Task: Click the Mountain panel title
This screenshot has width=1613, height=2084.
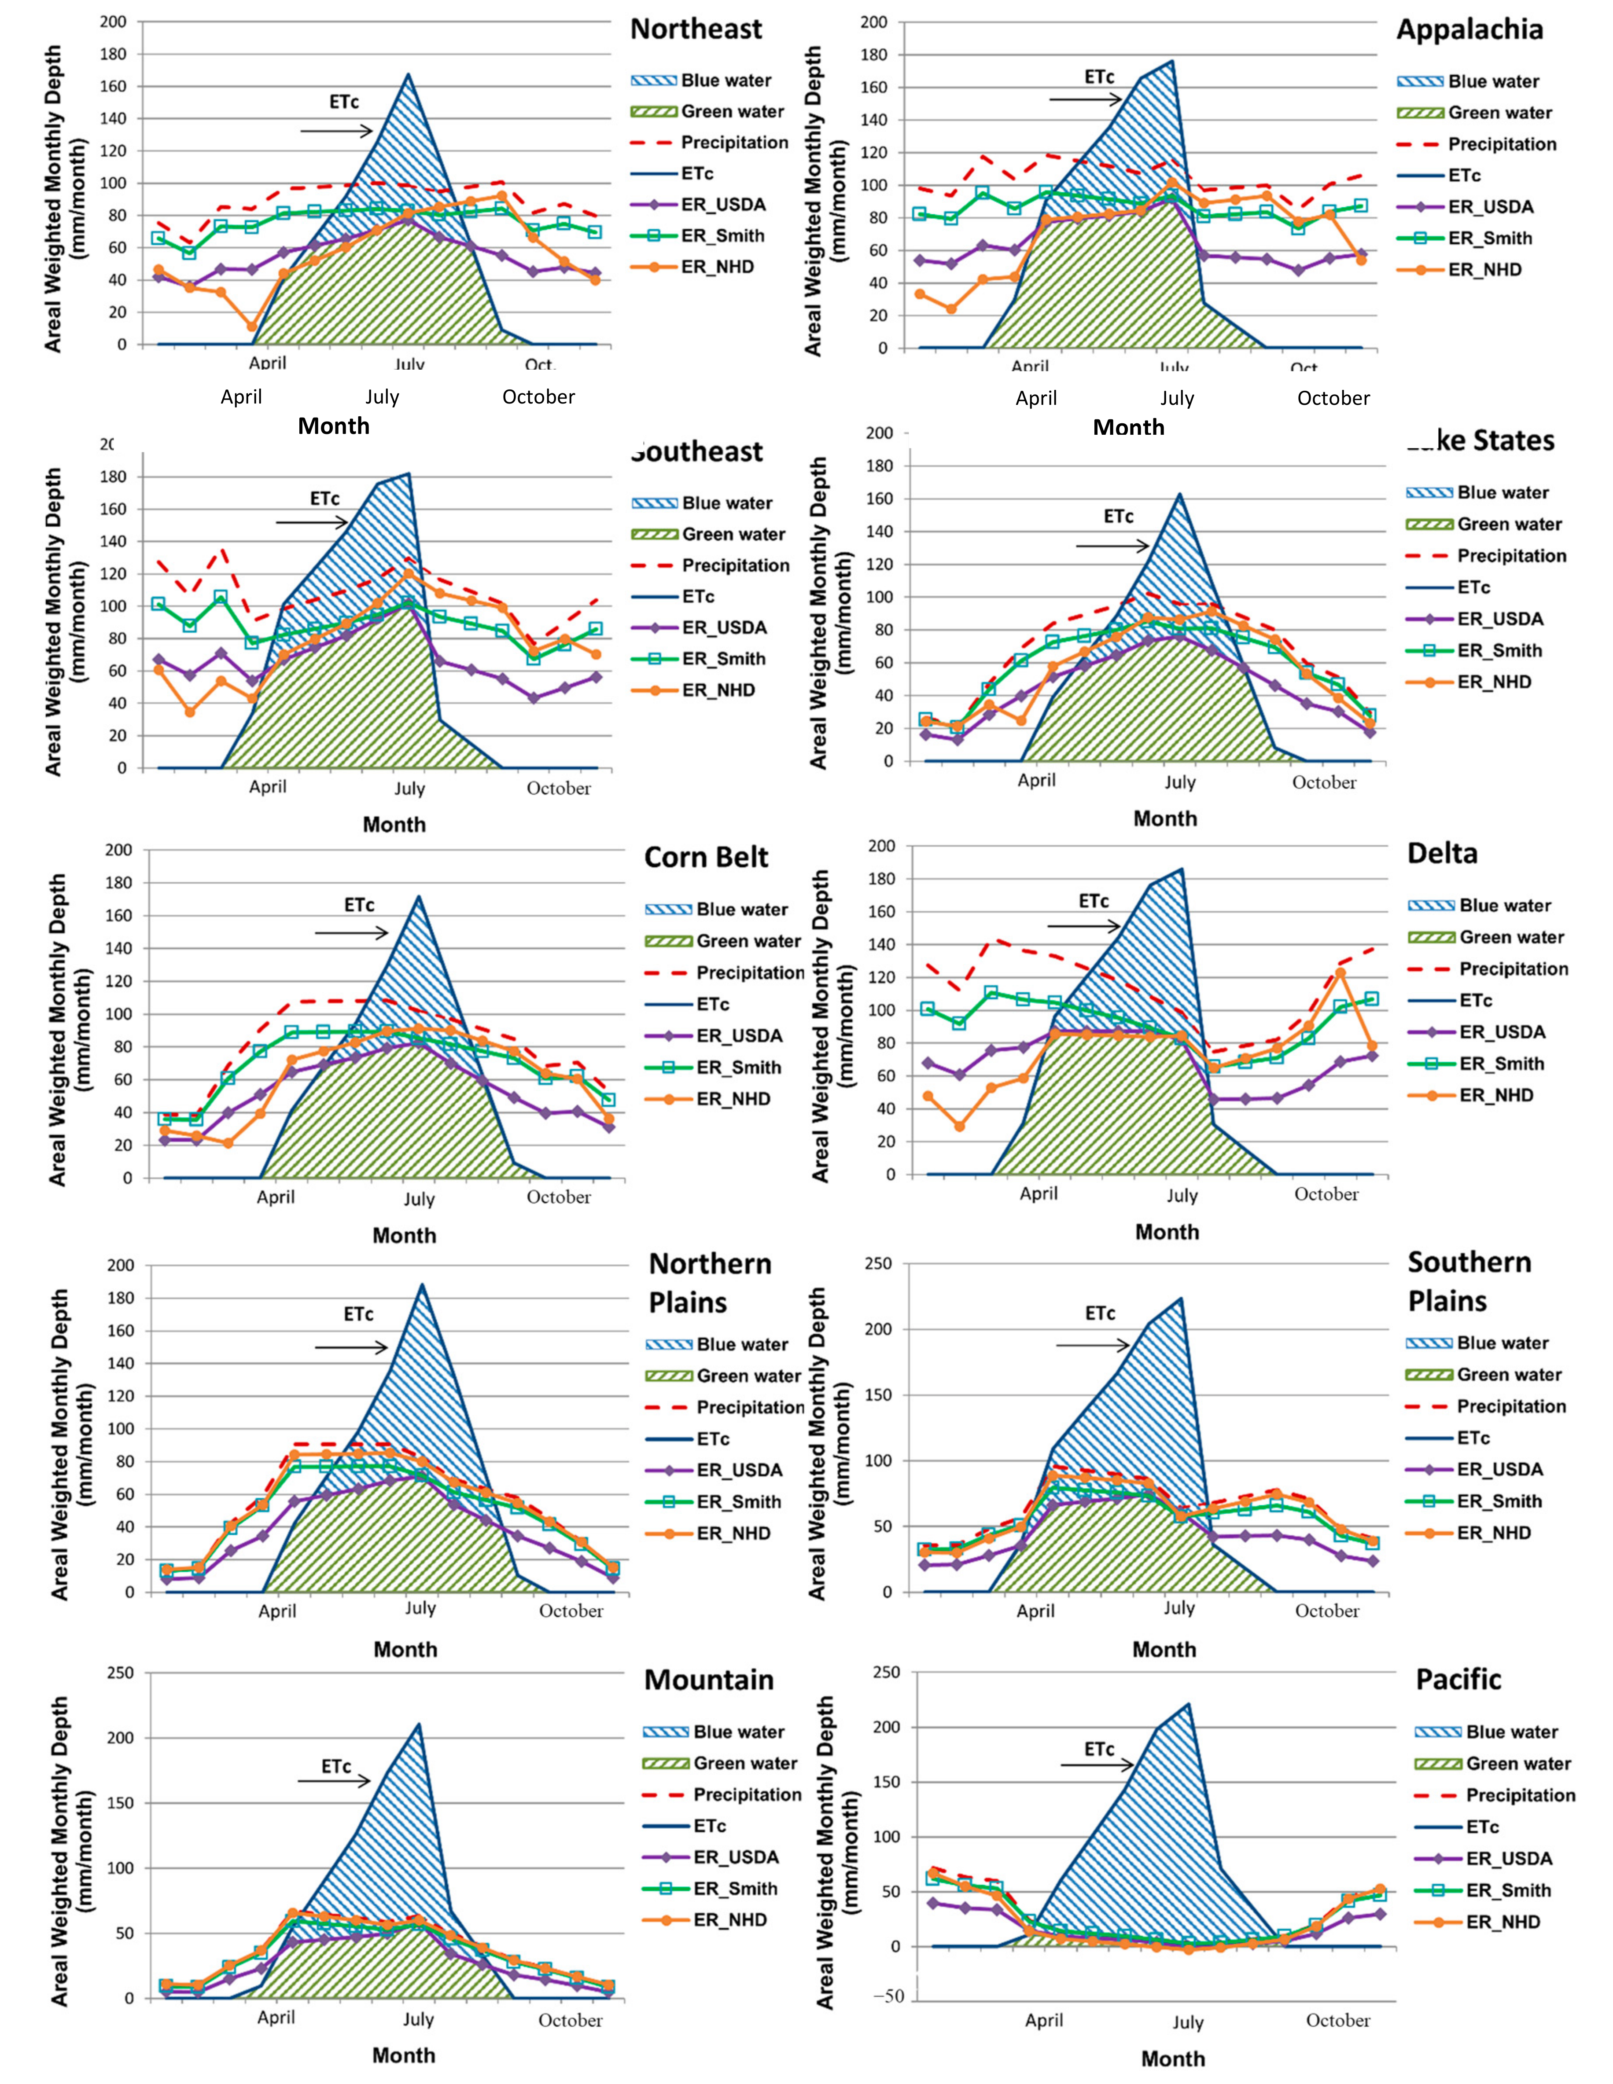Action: [x=708, y=1680]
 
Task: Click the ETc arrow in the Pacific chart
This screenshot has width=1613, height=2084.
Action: [x=1097, y=1765]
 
